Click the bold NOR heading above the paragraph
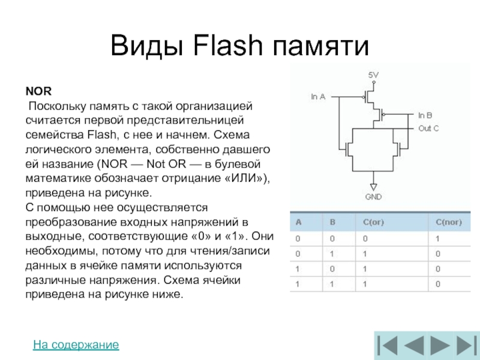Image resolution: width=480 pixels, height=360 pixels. tap(38, 92)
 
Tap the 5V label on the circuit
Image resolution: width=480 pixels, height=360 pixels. tap(373, 75)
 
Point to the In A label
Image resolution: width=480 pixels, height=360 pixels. tap(318, 96)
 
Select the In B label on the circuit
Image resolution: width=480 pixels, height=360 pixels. tap(425, 114)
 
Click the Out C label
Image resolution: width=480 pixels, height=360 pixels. tap(428, 128)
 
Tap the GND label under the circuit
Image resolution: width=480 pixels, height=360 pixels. tap(373, 196)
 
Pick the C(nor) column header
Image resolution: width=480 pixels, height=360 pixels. tap(449, 222)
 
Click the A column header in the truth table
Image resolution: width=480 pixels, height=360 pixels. tap(296, 222)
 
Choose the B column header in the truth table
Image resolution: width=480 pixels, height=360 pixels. tap(332, 222)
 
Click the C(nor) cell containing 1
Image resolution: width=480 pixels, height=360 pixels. tap(439, 238)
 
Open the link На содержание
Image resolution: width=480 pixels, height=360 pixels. tap(76, 345)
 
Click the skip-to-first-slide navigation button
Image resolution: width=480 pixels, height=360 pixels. tap(387, 346)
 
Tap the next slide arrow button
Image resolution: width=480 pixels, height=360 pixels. tap(439, 346)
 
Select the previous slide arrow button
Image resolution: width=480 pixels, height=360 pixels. tap(413, 346)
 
